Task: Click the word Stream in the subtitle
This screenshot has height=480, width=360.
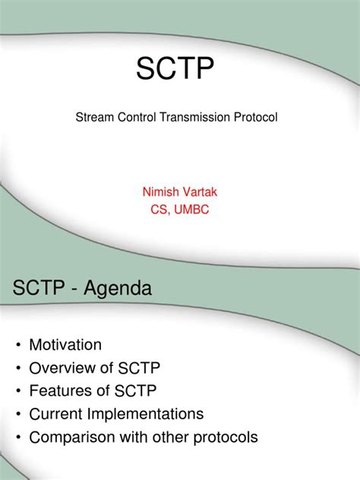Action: [x=93, y=118]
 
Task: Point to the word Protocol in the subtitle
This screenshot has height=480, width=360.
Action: [x=257, y=118]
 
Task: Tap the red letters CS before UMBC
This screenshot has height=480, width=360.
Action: [x=158, y=210]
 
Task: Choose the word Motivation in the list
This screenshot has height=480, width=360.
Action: [x=65, y=345]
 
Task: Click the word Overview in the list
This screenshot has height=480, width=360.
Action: [x=62, y=368]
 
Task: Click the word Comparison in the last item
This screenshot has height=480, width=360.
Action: [x=72, y=437]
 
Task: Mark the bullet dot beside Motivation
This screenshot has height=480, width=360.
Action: [x=17, y=346]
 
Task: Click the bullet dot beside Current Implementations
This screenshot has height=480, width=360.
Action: [x=17, y=415]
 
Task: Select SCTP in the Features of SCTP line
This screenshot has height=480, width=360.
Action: [x=135, y=391]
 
